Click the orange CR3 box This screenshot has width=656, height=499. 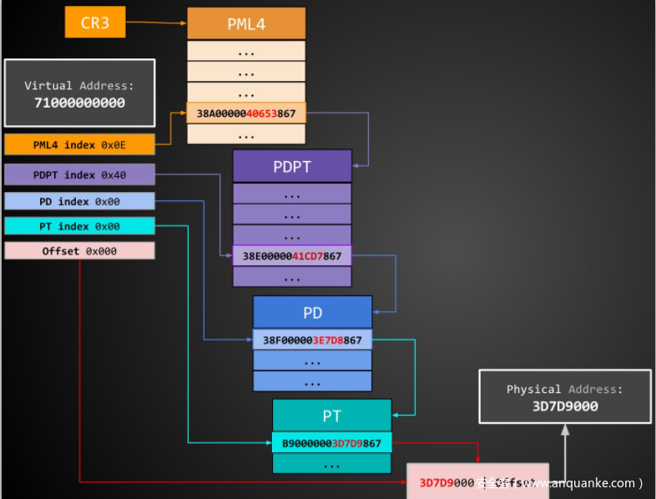pyautogui.click(x=95, y=23)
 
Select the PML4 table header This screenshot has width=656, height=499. pyautogui.click(x=246, y=23)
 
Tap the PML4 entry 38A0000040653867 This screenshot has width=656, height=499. pyautogui.click(x=246, y=113)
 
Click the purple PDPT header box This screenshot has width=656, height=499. pyautogui.click(x=292, y=166)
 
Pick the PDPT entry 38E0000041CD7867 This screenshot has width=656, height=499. pyautogui.click(x=292, y=256)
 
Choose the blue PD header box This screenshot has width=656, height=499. pyautogui.click(x=313, y=313)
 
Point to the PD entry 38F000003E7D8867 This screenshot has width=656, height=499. pyautogui.click(x=313, y=340)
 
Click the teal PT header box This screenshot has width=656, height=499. pyautogui.click(x=331, y=415)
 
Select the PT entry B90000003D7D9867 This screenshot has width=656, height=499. pyautogui.click(x=331, y=443)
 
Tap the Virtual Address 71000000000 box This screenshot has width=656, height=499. pyautogui.click(x=79, y=93)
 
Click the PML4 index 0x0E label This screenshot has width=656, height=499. pyautogui.click(x=79, y=145)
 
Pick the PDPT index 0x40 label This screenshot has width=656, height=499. pyautogui.click(x=79, y=174)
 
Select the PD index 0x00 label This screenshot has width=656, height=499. pyautogui.click(x=79, y=202)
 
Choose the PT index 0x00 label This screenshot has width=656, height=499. pyautogui.click(x=79, y=226)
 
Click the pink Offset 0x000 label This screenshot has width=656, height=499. pyautogui.click(x=79, y=251)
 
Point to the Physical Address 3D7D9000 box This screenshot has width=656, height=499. pyautogui.click(x=565, y=397)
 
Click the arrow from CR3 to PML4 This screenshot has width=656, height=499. pyautogui.click(x=156, y=23)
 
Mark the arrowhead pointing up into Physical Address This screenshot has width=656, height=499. pyautogui.click(x=565, y=429)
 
